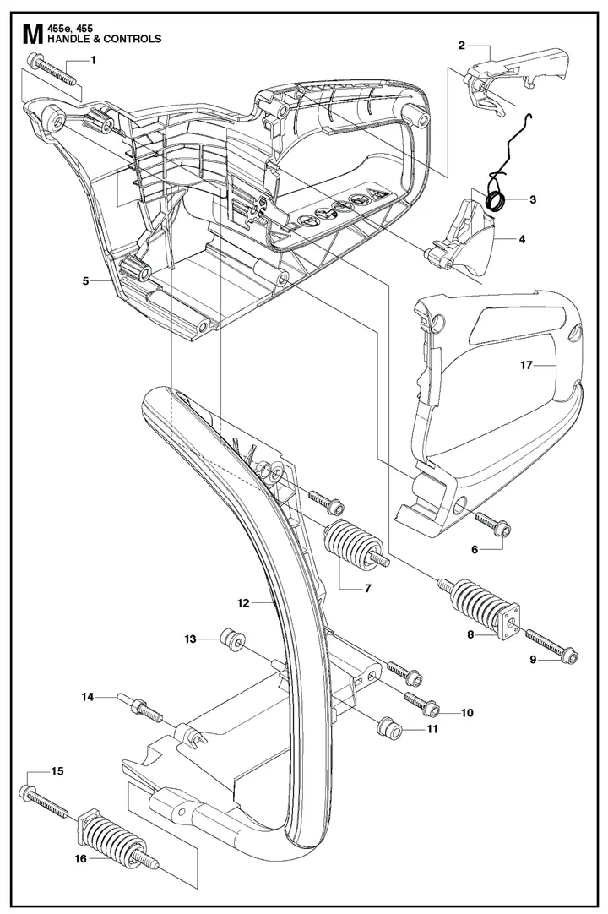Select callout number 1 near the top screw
click(93, 59)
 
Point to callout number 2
click(462, 45)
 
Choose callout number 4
click(522, 239)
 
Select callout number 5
click(85, 280)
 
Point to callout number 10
click(467, 712)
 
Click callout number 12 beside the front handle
click(243, 603)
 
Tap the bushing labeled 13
click(231, 643)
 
